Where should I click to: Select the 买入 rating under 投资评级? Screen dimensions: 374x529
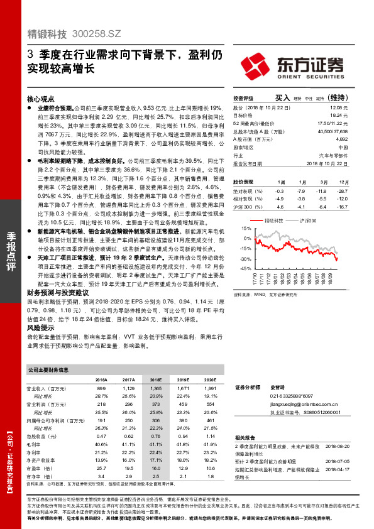[x=282, y=97]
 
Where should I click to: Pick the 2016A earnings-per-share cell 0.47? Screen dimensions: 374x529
[x=101, y=435]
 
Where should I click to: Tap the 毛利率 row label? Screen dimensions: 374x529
[x=35, y=444]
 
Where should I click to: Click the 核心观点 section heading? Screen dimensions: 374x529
[x=41, y=99]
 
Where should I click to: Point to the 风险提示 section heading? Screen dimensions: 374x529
[x=40, y=327]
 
